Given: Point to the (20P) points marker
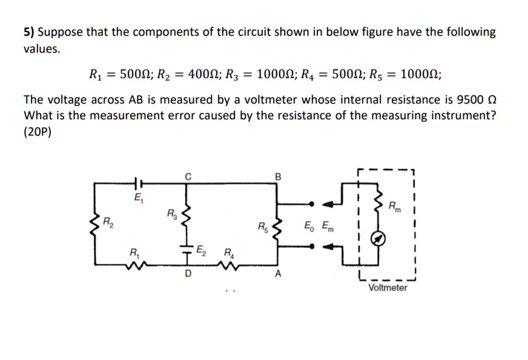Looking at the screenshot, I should coord(38,133).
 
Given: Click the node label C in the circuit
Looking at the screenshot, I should coord(188,177).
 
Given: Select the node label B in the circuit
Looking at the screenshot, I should coord(278,177).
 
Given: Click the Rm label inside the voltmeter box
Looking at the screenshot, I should coord(394,208).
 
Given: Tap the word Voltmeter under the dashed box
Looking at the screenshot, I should coord(388,287).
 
